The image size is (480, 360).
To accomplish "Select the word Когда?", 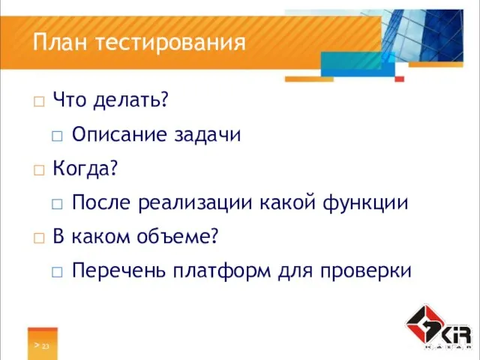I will point(85,169).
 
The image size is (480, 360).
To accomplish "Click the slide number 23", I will point(46,346).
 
